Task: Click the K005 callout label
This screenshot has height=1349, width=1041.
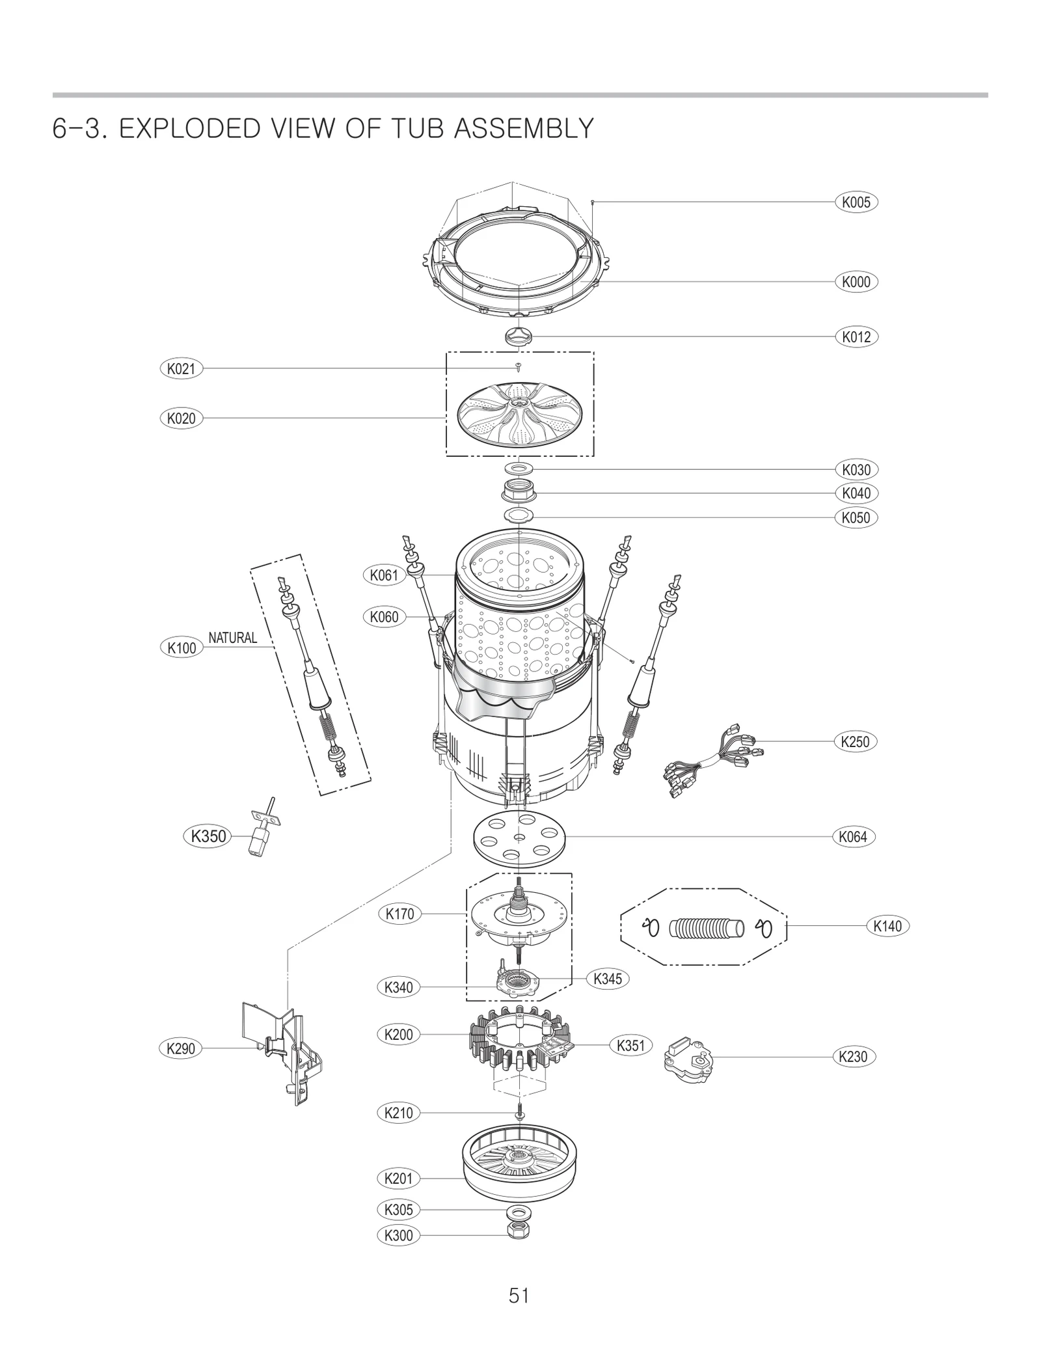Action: (x=856, y=202)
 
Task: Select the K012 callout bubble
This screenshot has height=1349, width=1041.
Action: (x=856, y=336)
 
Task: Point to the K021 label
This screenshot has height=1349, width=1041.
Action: (x=182, y=368)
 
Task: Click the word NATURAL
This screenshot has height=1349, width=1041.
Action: (x=232, y=638)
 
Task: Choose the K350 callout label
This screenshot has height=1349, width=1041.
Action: (x=208, y=836)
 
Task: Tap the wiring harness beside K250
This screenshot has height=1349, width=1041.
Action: (x=712, y=758)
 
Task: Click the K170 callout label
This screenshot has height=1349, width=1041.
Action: (x=399, y=914)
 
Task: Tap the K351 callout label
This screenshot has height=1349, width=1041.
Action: (x=630, y=1046)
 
